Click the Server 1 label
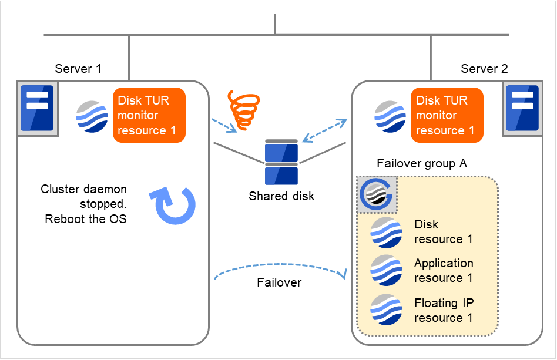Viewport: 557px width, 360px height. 78,69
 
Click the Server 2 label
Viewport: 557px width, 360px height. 484,69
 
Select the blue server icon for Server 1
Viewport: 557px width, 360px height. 37,108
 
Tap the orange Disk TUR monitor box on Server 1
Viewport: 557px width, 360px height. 149,115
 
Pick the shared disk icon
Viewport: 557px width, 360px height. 281,162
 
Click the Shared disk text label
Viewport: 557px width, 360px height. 281,196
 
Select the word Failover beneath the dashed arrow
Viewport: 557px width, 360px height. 279,282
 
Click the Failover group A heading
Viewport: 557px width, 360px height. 422,164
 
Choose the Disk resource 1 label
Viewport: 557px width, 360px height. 443,231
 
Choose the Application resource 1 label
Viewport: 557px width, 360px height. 444,270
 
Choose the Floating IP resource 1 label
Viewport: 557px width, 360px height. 444,310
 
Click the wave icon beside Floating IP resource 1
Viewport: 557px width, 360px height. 386,309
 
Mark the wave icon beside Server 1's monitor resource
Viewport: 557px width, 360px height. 92,116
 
